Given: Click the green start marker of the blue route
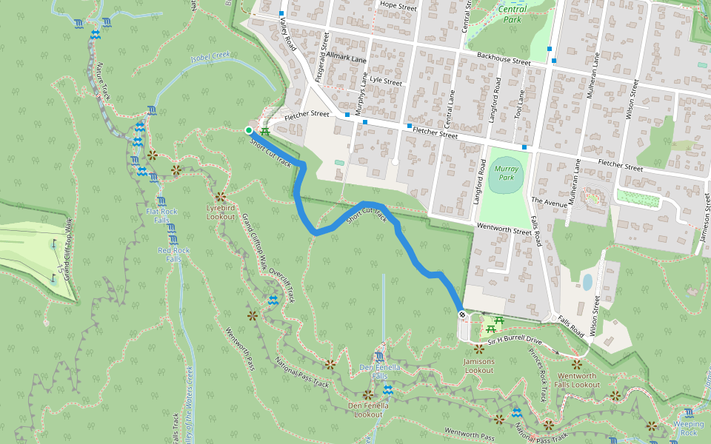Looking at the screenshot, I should click(249, 130).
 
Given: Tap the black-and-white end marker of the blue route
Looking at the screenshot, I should click(462, 315).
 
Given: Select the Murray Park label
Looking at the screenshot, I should click(506, 173).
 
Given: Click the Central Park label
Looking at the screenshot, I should click(513, 14).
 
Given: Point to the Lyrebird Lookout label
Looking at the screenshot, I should click(220, 212).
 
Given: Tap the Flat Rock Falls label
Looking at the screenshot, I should click(161, 216).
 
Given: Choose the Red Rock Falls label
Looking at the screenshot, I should click(174, 255).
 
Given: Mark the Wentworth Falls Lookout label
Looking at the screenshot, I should click(577, 380).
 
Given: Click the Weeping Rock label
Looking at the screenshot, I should click(688, 428).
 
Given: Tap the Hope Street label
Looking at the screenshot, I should click(398, 5).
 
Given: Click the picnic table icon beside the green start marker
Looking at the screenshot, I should click(264, 131).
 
